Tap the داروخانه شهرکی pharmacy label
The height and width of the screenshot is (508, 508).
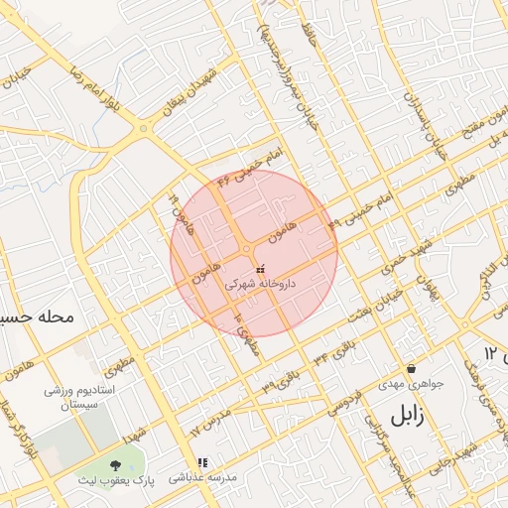point(261,284)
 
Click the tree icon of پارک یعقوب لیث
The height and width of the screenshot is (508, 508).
point(117,463)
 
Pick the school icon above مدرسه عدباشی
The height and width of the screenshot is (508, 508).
point(202,462)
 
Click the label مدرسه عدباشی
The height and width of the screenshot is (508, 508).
point(203,477)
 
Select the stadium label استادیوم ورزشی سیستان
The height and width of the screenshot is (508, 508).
point(82,400)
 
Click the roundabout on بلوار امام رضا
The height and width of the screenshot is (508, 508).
point(146,128)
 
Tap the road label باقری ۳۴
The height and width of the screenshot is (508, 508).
point(333,354)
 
